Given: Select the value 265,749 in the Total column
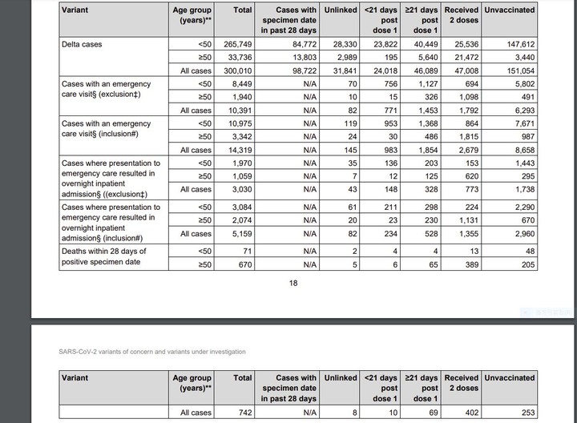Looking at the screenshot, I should pos(236,45).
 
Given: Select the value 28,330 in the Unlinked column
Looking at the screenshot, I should pos(340,45).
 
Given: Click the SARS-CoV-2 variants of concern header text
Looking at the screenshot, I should pos(153,352).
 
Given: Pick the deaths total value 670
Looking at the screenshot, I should pos(244,264).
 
